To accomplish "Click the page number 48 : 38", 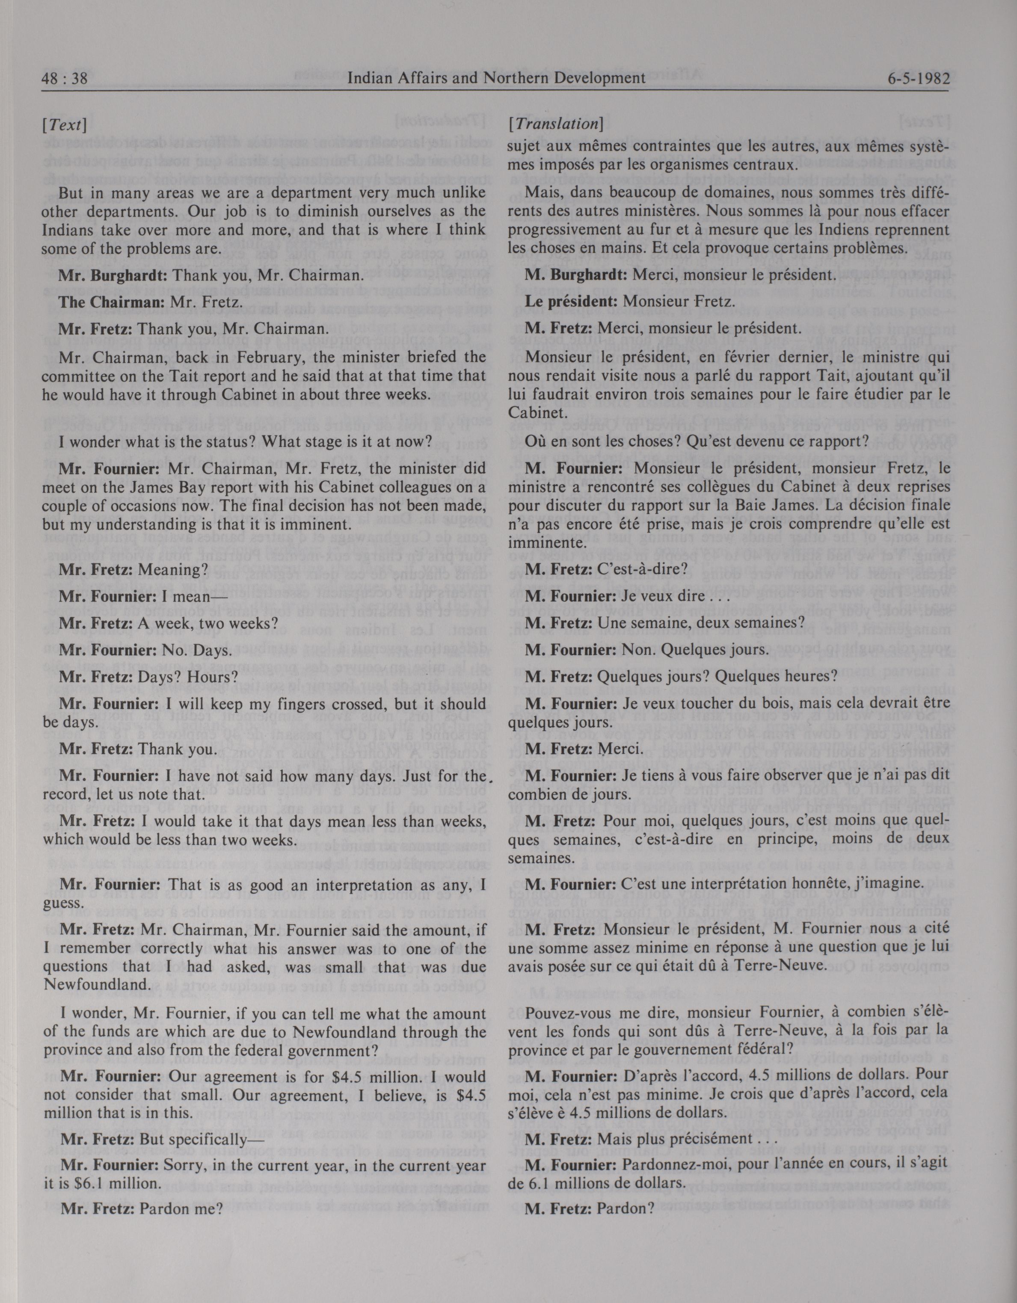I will (x=65, y=79).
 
